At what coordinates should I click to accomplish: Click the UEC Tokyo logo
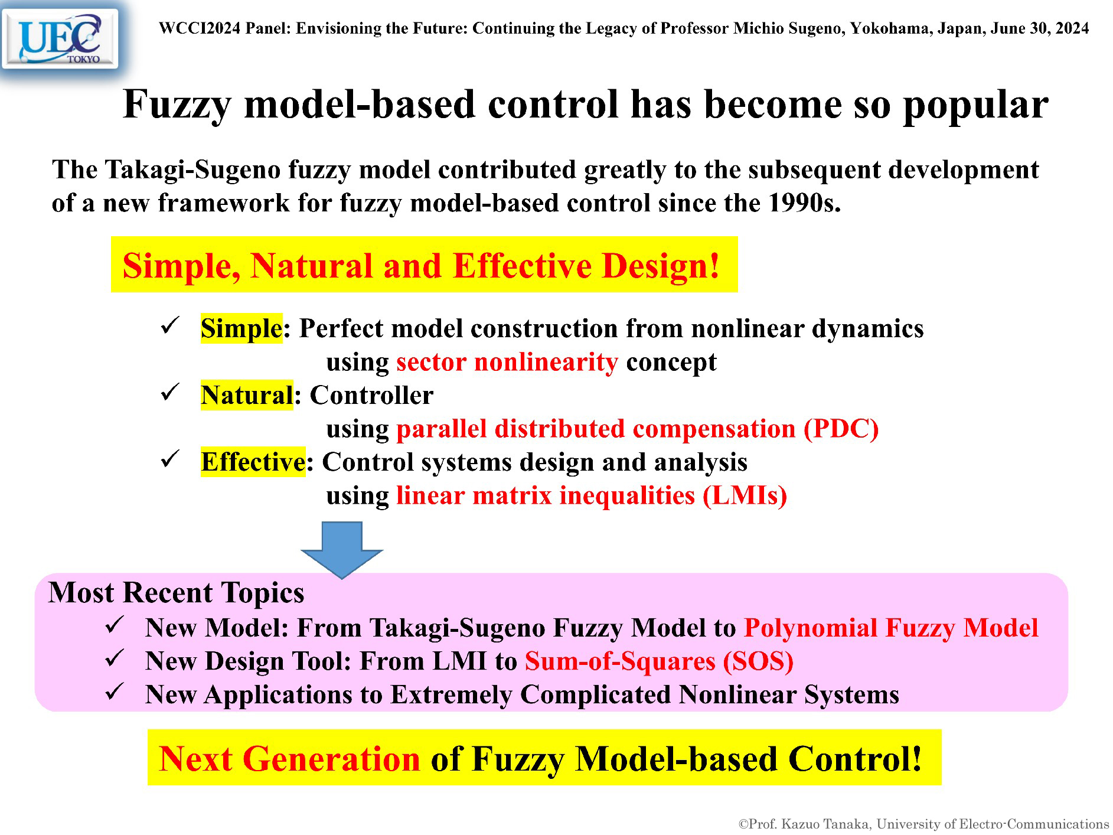[60, 39]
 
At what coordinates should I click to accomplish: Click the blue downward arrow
[342, 549]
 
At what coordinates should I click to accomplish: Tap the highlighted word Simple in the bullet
[241, 328]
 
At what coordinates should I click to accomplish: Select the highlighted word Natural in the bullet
[247, 395]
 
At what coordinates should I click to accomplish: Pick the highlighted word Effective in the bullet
[253, 462]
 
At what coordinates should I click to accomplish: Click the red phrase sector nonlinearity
[507, 362]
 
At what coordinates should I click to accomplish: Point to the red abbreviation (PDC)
[841, 429]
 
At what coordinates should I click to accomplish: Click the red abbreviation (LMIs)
[745, 495]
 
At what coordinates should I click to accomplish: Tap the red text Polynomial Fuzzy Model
[891, 628]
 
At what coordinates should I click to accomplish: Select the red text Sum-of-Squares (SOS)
[659, 661]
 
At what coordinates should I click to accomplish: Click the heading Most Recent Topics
[176, 593]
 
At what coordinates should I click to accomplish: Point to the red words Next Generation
[289, 759]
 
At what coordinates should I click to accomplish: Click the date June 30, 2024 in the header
[1040, 28]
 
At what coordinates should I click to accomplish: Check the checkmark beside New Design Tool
[113, 658]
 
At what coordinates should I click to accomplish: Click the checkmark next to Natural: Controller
[169, 392]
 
